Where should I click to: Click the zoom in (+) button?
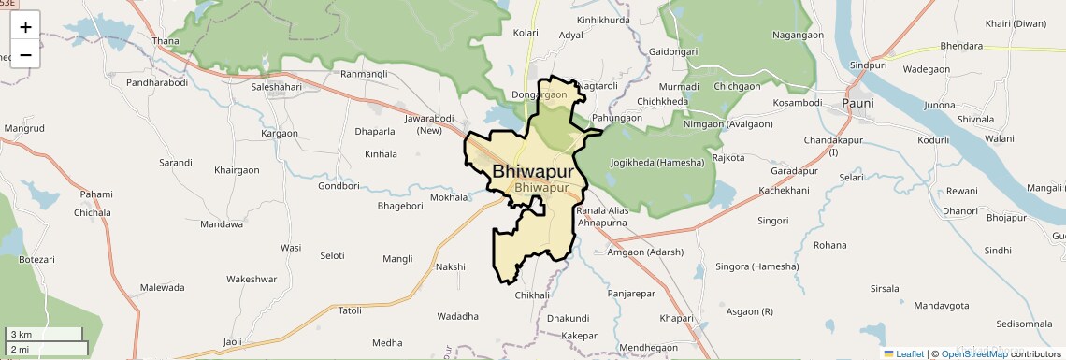tap(25, 26)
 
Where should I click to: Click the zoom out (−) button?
tap(25, 54)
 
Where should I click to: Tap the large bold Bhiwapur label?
tap(532, 171)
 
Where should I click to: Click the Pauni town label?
tap(857, 103)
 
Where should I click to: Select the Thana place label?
tap(166, 41)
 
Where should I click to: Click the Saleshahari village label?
tap(277, 87)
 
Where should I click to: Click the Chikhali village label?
tap(533, 295)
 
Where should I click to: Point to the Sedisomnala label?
tap(1024, 324)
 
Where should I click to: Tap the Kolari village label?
tap(526, 33)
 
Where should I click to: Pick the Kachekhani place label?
tap(784, 191)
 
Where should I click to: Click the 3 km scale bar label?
tap(21, 335)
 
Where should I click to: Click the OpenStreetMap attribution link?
tap(973, 353)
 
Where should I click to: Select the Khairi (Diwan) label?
tap(1016, 23)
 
